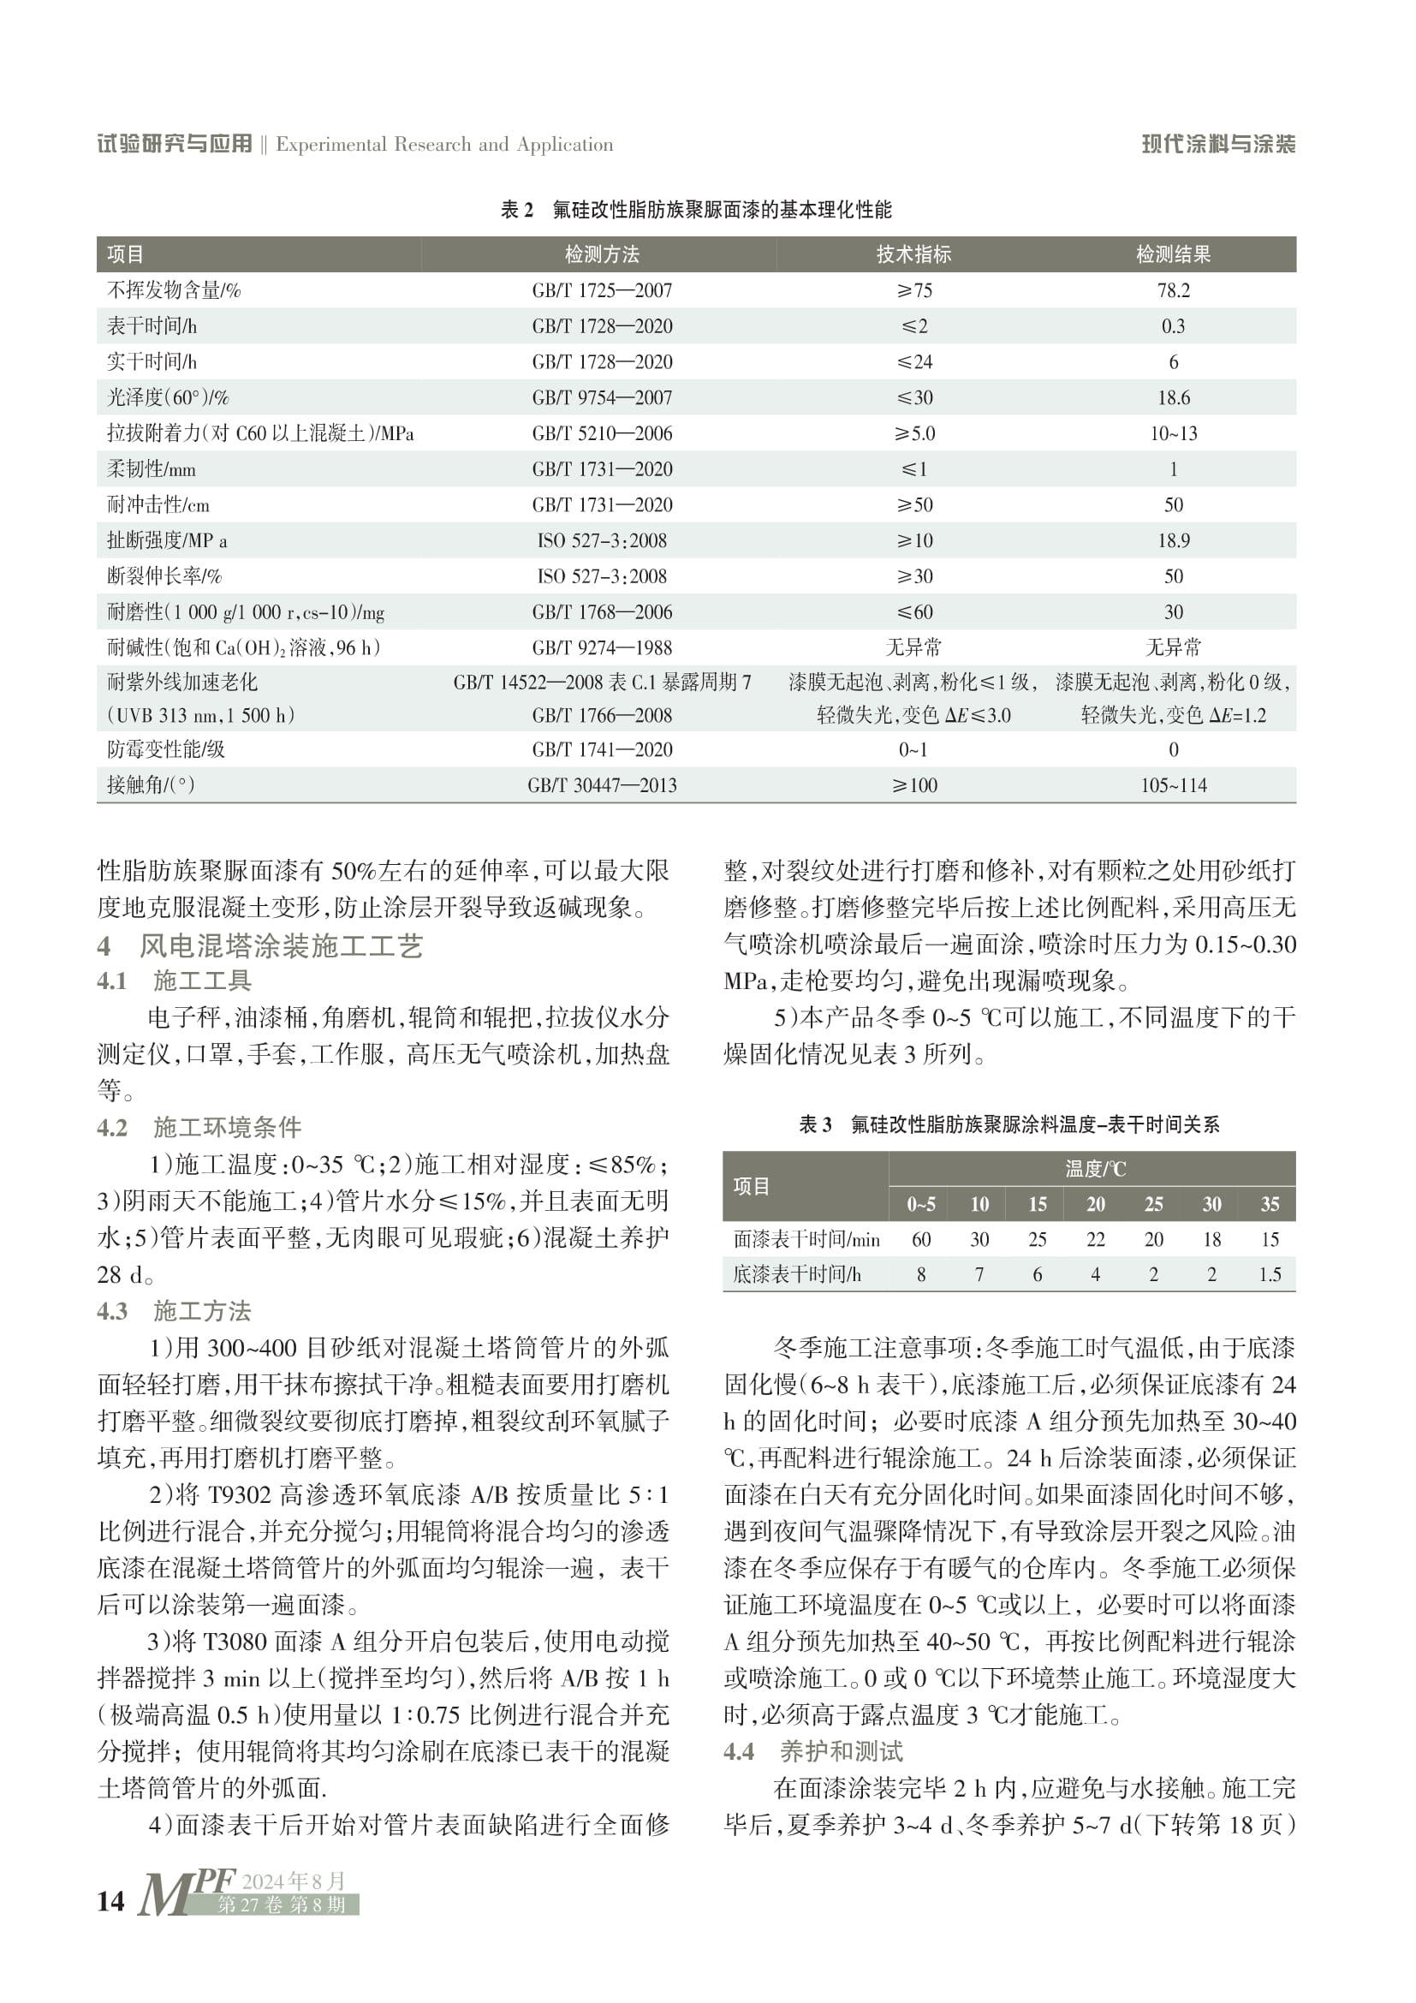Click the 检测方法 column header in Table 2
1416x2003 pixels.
602,253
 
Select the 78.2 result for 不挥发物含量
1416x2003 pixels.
1173,290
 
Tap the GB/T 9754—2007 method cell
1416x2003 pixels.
602,398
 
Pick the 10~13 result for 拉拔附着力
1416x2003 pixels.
1173,433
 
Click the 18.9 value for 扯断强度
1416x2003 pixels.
1173,541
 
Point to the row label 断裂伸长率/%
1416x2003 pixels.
164,576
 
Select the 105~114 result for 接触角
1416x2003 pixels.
1173,785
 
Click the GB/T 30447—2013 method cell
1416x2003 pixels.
602,785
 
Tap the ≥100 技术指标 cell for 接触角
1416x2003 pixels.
913,785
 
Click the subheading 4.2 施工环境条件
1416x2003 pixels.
199,1127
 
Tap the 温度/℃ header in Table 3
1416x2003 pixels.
1095,1168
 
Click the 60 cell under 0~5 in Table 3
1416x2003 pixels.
921,1240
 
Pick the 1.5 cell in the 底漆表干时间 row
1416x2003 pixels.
1270,1274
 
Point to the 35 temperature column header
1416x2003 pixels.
1270,1205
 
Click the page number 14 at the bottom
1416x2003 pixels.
110,1901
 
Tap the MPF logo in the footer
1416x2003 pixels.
185,1893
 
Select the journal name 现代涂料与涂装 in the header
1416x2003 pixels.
1218,144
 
